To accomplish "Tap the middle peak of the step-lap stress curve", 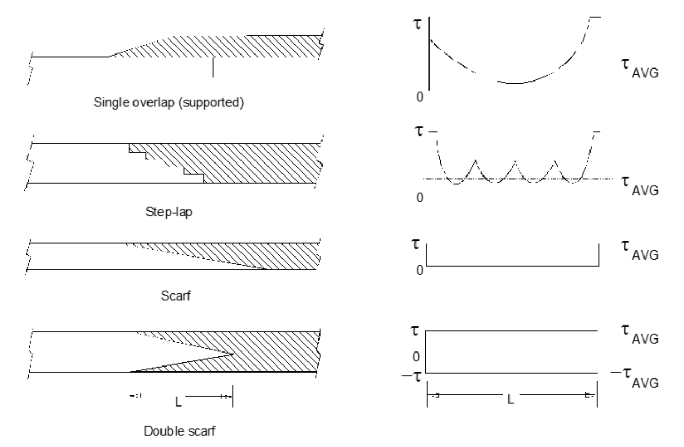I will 515,161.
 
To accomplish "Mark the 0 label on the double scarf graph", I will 416,357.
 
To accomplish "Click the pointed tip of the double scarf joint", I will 232,354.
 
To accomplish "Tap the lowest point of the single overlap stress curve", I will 514,83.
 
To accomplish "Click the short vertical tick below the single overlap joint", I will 213,67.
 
